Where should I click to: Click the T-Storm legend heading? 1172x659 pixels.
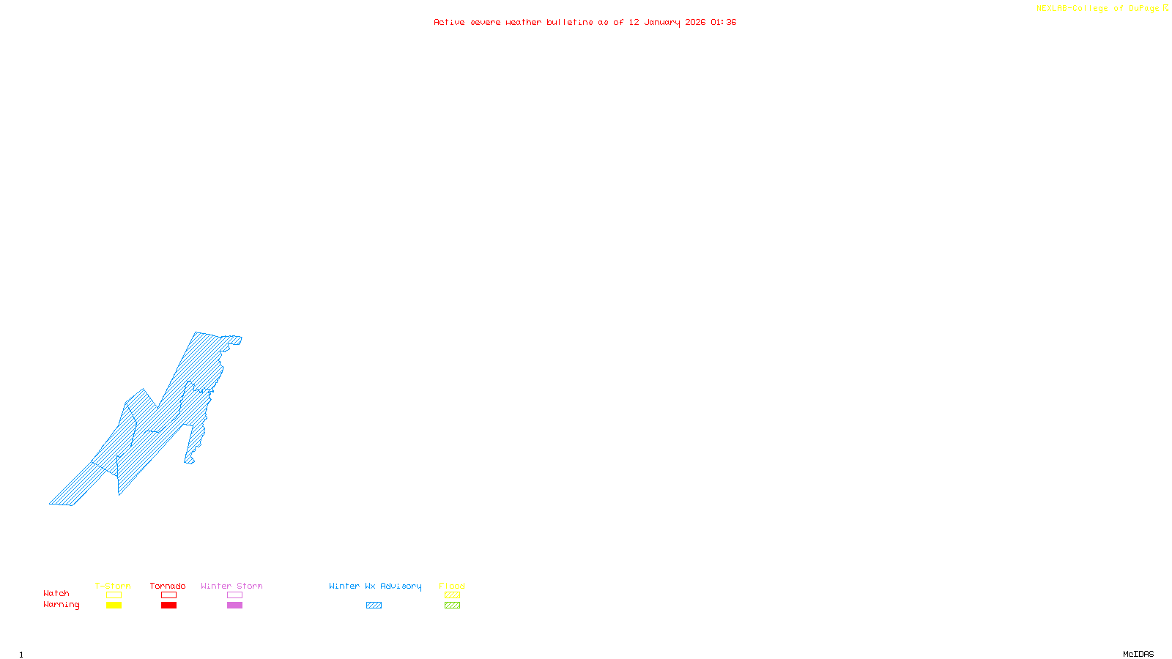[x=113, y=586]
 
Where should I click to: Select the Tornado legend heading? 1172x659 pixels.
[x=168, y=586]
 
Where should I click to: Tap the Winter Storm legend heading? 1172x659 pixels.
[x=231, y=586]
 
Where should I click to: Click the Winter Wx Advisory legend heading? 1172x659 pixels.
[x=375, y=586]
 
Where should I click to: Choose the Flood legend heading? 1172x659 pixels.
[x=452, y=586]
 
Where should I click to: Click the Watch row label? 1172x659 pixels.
[x=56, y=593]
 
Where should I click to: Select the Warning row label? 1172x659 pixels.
[x=62, y=605]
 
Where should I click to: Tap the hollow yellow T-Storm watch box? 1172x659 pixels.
[x=114, y=595]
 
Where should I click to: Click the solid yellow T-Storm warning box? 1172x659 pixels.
[x=114, y=606]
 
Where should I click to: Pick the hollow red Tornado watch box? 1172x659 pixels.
[x=168, y=595]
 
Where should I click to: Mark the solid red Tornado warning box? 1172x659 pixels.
[x=168, y=606]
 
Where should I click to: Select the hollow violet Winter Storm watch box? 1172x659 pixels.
[x=234, y=595]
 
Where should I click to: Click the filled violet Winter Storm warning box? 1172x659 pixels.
[x=234, y=606]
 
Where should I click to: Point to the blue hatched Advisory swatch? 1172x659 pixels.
[x=374, y=606]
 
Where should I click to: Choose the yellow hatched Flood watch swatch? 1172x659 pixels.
[x=452, y=595]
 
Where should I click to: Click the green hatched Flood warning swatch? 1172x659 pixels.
[x=452, y=606]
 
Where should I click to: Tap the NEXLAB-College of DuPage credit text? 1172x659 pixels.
[x=1098, y=9]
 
